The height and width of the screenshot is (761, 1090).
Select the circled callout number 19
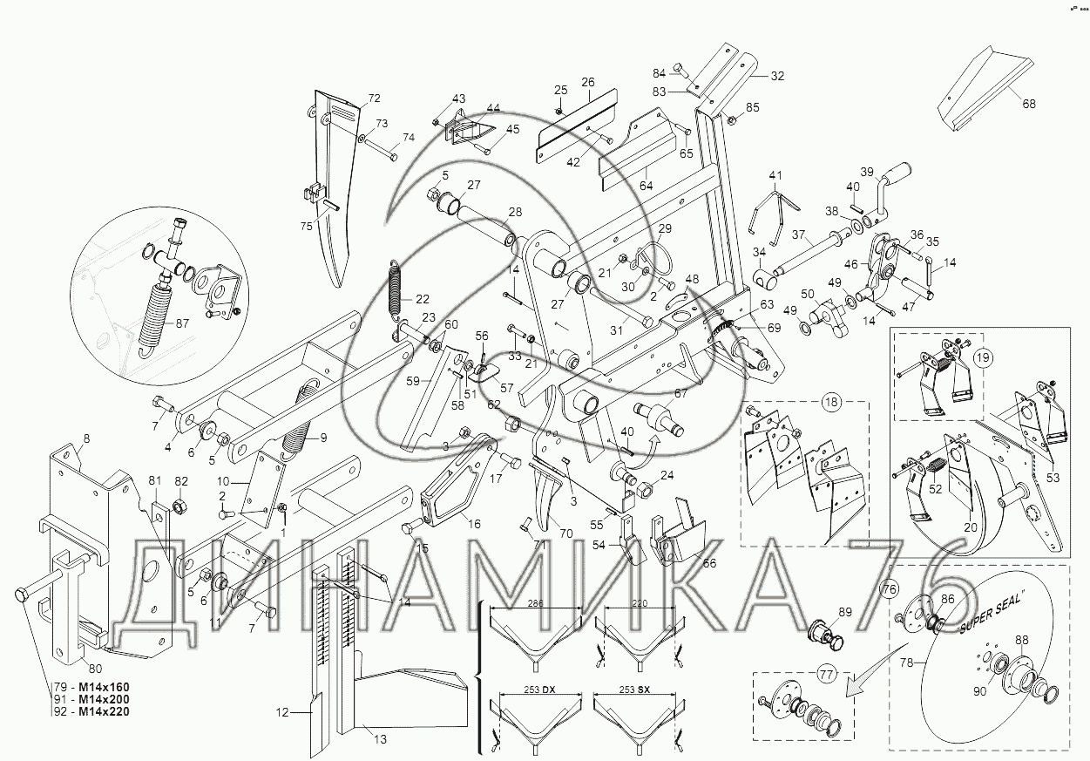(x=982, y=357)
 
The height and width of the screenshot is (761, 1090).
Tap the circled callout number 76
(x=889, y=589)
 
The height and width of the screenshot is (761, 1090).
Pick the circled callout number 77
(x=826, y=674)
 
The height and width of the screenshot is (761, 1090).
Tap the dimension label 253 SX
(x=634, y=690)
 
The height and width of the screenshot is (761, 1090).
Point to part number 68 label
(x=1029, y=105)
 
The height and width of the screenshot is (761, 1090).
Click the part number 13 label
(x=380, y=740)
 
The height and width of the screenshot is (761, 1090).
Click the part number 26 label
(x=588, y=83)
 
